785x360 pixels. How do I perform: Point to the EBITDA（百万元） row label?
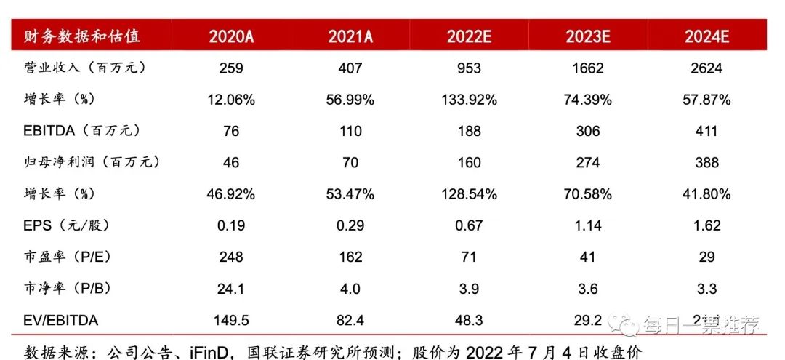tap(81, 131)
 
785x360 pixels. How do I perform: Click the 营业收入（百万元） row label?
tap(86, 68)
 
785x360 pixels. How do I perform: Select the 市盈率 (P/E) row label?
tap(67, 257)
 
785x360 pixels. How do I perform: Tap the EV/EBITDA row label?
tap(61, 320)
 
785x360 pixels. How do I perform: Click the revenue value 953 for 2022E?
tap(469, 68)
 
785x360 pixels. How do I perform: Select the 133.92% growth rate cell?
tap(469, 100)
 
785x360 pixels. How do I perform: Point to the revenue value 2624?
tap(706, 68)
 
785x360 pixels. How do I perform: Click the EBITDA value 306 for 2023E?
tap(587, 131)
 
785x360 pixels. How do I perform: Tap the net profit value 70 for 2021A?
tap(350, 162)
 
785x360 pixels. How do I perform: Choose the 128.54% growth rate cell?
tap(469, 194)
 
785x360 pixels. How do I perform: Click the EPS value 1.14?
tap(587, 225)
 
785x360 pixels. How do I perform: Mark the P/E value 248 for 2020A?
tap(231, 257)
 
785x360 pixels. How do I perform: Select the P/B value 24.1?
tap(231, 289)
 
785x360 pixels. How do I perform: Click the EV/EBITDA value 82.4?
tap(350, 320)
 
